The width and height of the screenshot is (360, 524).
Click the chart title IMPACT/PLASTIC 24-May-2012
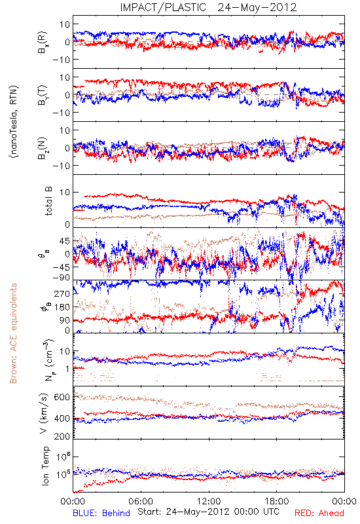tap(208, 7)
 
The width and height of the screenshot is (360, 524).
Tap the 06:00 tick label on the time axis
tap(141, 501)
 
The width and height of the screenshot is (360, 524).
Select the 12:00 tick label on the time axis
tap(209, 501)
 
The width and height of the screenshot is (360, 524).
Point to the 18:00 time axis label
tap(277, 501)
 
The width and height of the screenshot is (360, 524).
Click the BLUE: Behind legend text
tap(101, 513)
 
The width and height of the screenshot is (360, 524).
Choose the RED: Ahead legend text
tap(319, 513)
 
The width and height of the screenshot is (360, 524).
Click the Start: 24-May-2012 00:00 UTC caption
tap(208, 512)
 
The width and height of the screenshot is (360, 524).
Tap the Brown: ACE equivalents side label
tap(13, 333)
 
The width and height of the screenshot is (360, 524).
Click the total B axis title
tap(48, 201)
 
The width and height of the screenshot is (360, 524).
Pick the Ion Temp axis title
tap(45, 466)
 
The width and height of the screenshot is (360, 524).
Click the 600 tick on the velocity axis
tap(62, 398)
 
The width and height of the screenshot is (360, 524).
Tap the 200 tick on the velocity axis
tap(62, 436)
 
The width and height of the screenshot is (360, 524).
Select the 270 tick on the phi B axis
tap(62, 293)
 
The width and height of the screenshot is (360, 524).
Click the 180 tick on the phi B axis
tap(62, 307)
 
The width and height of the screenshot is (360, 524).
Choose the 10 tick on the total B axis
tap(65, 193)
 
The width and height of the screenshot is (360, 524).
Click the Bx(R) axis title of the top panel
tap(43, 42)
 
